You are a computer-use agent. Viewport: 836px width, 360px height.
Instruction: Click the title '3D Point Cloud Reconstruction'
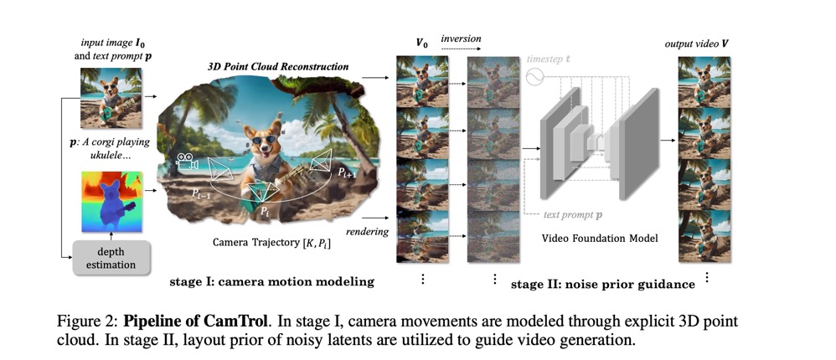(x=277, y=66)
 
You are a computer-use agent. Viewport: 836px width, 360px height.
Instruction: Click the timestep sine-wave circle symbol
(x=534, y=77)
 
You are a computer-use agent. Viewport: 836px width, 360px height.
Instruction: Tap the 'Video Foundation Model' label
(x=599, y=238)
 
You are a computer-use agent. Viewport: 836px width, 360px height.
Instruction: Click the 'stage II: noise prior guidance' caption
(x=603, y=284)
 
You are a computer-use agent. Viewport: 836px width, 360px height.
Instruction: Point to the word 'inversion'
(x=461, y=39)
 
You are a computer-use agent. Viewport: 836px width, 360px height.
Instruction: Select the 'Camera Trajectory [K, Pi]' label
(x=271, y=244)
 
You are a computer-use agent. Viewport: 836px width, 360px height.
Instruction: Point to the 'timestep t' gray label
(x=549, y=60)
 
